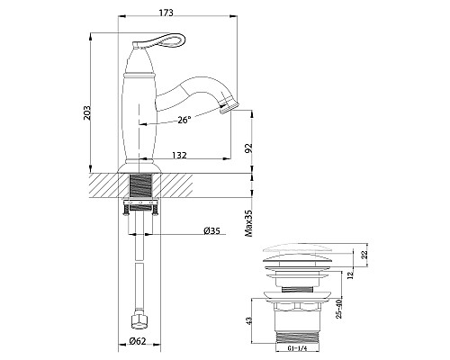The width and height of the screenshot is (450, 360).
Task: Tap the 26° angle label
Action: [x=183, y=119]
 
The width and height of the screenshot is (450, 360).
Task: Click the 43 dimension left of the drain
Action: [x=260, y=319]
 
